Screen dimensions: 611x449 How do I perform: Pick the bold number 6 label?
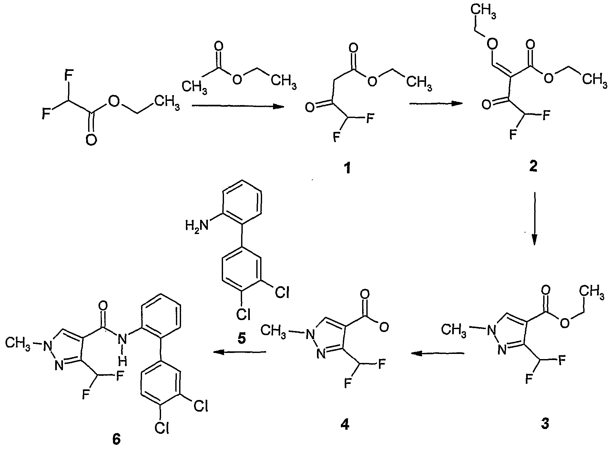(x=116, y=440)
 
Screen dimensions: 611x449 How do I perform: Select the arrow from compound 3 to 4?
(x=438, y=354)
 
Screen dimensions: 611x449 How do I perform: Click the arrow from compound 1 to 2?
(x=436, y=103)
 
